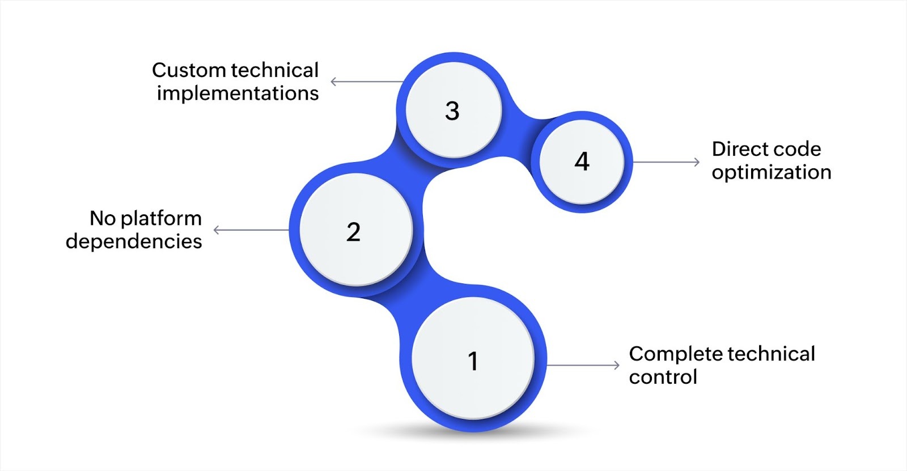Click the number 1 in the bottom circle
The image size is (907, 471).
point(473,361)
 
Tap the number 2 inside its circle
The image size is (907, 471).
point(353,232)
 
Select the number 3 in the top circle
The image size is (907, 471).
point(452,111)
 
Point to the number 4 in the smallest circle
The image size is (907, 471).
point(582,162)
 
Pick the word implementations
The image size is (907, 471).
point(238,94)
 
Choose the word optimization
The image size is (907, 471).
point(772,172)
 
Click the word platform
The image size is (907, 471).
point(162,219)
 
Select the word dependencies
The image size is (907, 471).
point(134,241)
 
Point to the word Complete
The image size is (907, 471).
point(674,354)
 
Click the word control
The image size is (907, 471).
point(663,377)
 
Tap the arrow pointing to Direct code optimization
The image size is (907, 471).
point(666,162)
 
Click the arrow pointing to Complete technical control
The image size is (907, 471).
point(584,365)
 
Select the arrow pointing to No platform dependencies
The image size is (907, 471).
point(251,230)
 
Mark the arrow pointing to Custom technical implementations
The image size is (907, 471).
point(366,82)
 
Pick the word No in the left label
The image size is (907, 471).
point(102,218)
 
